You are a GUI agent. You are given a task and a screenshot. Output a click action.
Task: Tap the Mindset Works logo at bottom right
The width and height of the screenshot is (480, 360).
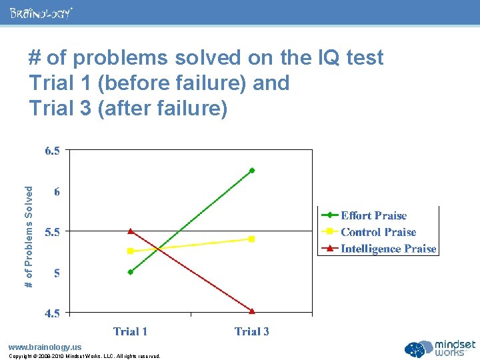[x=441, y=349]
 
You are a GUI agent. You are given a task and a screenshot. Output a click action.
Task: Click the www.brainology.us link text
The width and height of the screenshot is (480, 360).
[x=45, y=347]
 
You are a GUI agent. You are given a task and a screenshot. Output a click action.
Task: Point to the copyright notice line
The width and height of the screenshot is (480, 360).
[x=84, y=356]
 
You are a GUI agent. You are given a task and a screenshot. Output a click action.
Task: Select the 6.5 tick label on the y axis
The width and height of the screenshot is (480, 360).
[x=52, y=151]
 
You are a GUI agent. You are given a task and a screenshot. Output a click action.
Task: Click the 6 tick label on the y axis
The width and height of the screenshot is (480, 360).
[x=57, y=192]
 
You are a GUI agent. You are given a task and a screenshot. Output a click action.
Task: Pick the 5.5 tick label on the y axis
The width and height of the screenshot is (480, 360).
[x=52, y=232]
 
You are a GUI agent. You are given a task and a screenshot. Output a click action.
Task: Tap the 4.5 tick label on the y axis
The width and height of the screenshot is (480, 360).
[x=52, y=313]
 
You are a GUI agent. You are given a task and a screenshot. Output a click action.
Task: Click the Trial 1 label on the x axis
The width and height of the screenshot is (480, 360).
[x=131, y=331]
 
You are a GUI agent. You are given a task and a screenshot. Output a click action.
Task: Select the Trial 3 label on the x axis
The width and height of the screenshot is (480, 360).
[x=252, y=331]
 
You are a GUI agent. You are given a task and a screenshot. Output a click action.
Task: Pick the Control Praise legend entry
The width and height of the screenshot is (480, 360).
[x=378, y=232]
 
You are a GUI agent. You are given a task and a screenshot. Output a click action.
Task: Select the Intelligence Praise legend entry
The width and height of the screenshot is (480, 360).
[x=388, y=249]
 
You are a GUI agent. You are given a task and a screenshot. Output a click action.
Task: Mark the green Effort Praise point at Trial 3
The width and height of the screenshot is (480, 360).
[x=252, y=171]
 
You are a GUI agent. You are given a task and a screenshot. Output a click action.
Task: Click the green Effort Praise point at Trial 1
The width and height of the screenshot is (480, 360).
[x=131, y=272]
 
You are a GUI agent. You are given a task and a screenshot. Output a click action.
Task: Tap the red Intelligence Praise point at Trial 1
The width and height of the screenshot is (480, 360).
[x=131, y=231]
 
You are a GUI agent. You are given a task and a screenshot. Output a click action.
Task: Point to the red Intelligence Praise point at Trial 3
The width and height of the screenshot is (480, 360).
[x=252, y=311]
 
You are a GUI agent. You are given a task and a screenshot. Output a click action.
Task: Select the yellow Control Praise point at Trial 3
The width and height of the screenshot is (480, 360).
[x=251, y=239]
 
